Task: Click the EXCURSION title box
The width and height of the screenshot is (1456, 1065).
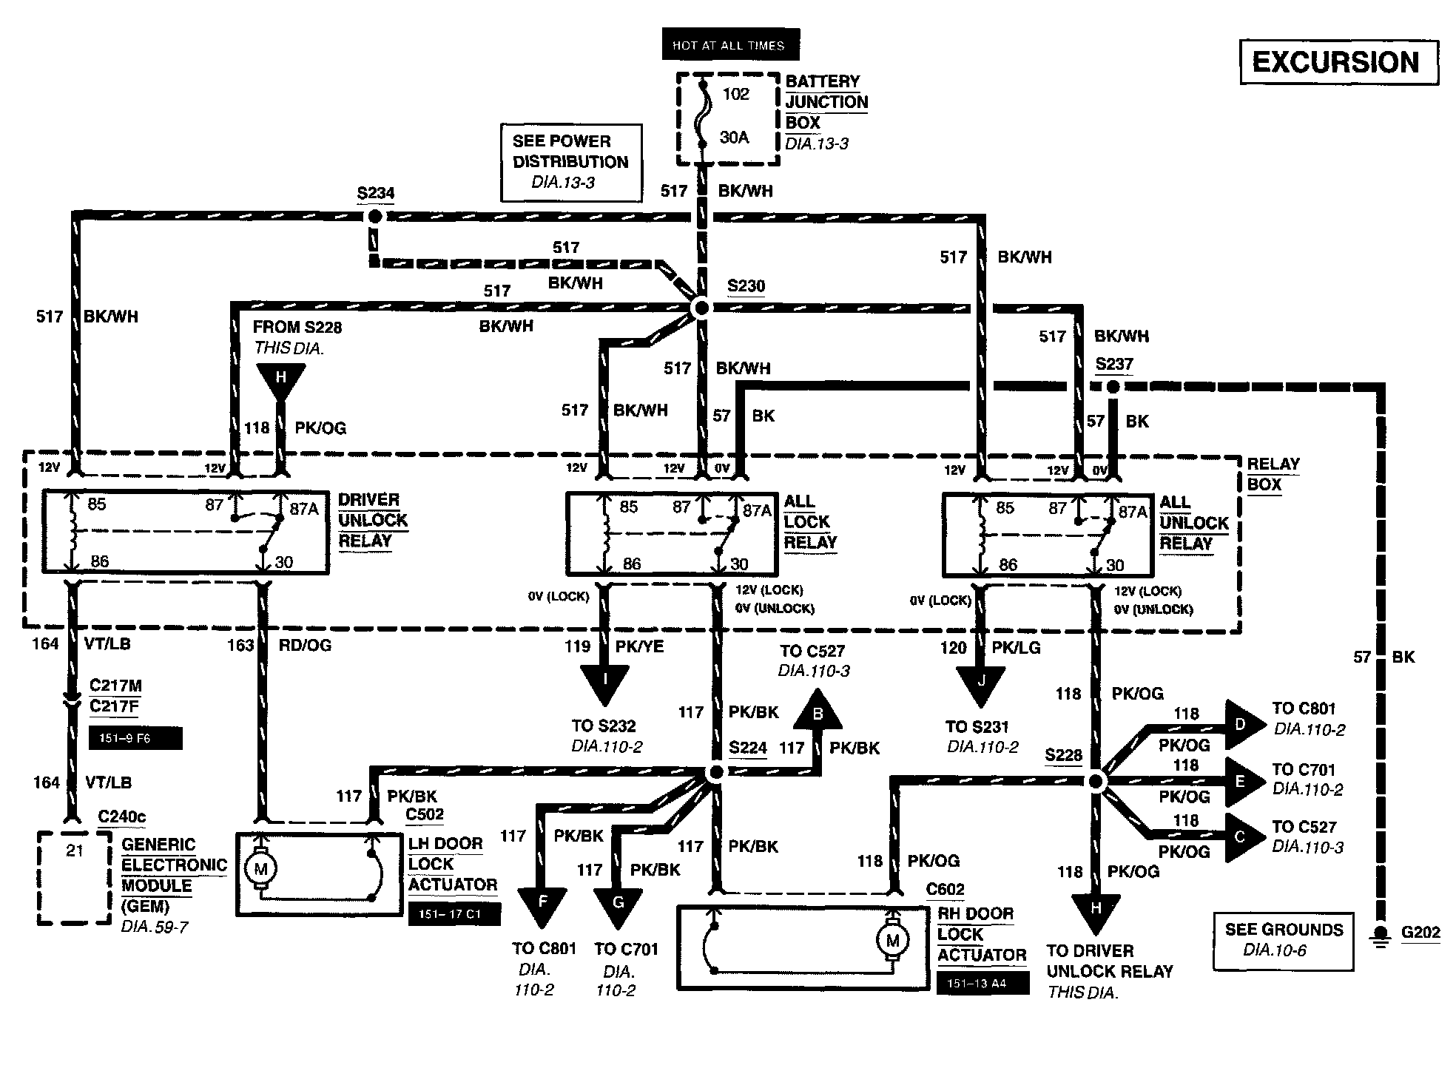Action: point(1338,62)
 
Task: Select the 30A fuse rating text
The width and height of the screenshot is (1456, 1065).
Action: point(734,138)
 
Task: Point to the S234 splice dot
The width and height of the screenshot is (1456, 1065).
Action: point(375,216)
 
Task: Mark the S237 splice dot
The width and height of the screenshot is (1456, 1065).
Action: point(1113,386)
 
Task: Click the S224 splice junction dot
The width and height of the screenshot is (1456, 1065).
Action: point(715,773)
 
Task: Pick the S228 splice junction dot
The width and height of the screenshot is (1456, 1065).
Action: point(1096,781)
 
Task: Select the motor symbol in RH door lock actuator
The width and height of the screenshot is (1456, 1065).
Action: point(892,941)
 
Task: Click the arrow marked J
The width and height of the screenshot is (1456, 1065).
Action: point(980,681)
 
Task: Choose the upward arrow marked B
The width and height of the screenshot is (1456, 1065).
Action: point(818,712)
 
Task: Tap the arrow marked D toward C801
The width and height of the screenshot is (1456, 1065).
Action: point(1243,725)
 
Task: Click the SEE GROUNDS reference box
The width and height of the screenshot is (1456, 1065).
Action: point(1283,940)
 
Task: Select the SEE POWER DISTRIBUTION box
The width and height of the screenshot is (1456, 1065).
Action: point(570,162)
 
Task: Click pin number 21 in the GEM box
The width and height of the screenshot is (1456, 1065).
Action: point(75,851)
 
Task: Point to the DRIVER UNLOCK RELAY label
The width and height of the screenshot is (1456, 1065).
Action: point(372,520)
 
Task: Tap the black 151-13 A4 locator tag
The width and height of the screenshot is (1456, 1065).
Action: point(982,984)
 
